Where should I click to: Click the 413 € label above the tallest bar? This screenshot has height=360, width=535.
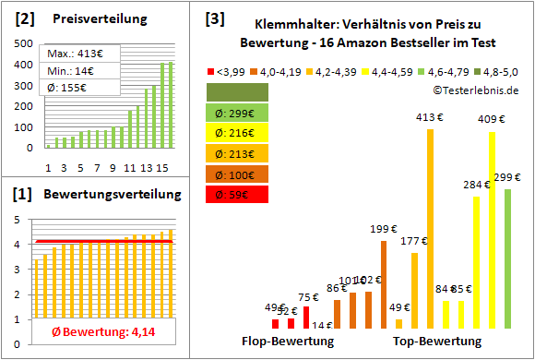pos(430,118)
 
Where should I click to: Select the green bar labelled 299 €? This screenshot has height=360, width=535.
pos(507,258)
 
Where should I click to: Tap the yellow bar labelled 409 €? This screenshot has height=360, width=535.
pos(492,230)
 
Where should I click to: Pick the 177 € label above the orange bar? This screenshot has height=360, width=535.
pos(414,241)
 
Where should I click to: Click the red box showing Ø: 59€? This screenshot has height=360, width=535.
pos(238,194)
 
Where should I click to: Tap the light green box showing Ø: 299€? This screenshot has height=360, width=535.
pos(238,113)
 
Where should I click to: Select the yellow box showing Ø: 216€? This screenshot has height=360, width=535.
pos(238,133)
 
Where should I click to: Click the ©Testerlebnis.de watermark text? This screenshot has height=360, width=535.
pos(473,89)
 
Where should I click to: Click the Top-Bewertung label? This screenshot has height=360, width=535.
pos(437,342)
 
